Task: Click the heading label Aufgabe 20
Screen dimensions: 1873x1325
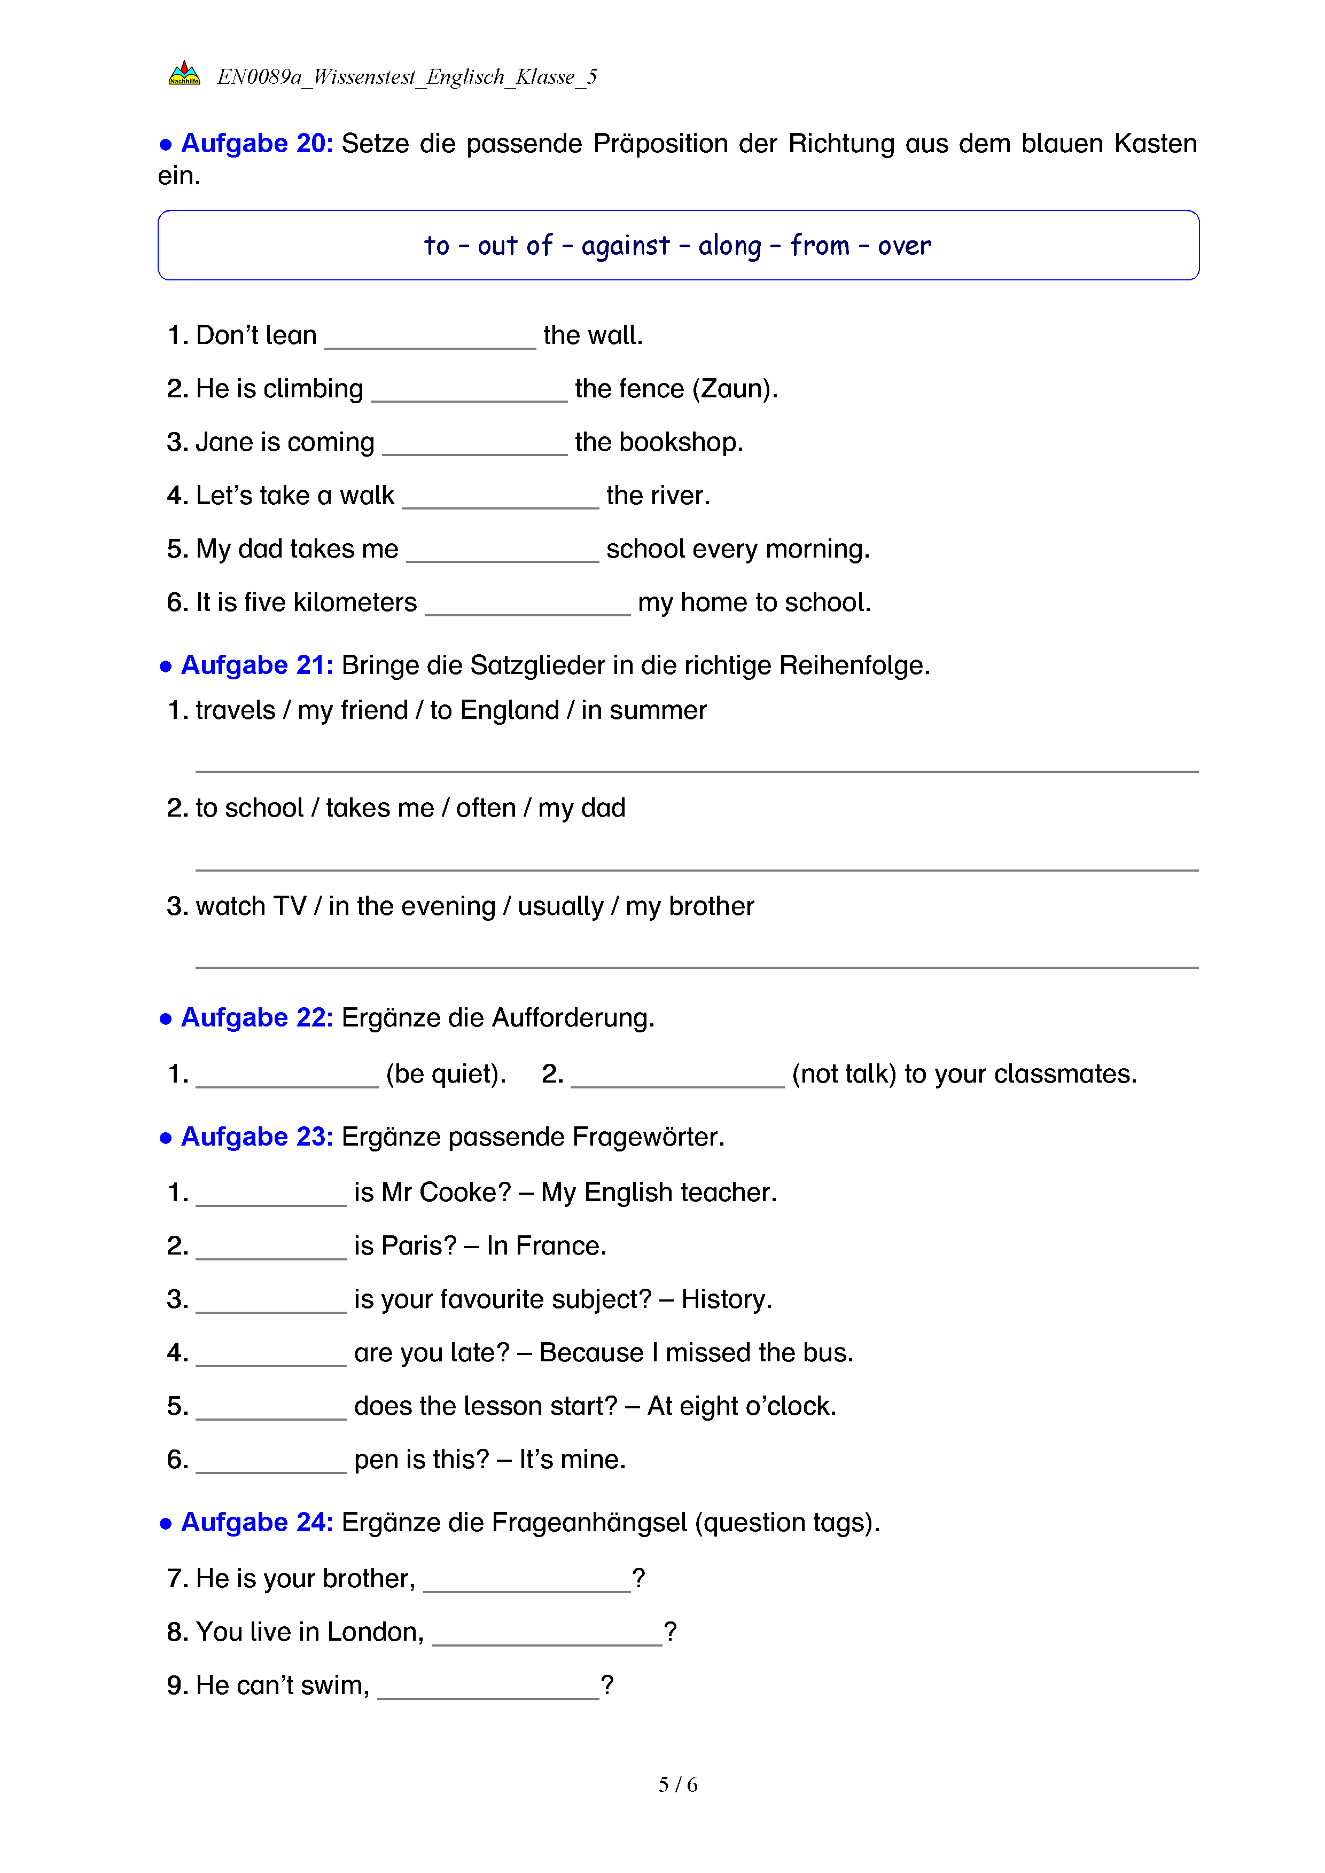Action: click(x=256, y=144)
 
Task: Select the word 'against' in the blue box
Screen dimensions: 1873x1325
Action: click(x=625, y=246)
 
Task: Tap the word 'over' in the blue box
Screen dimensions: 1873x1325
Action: click(x=904, y=246)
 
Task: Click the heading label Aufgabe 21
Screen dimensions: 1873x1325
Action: click(x=256, y=665)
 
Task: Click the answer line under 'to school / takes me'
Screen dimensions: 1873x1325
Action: click(x=696, y=865)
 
